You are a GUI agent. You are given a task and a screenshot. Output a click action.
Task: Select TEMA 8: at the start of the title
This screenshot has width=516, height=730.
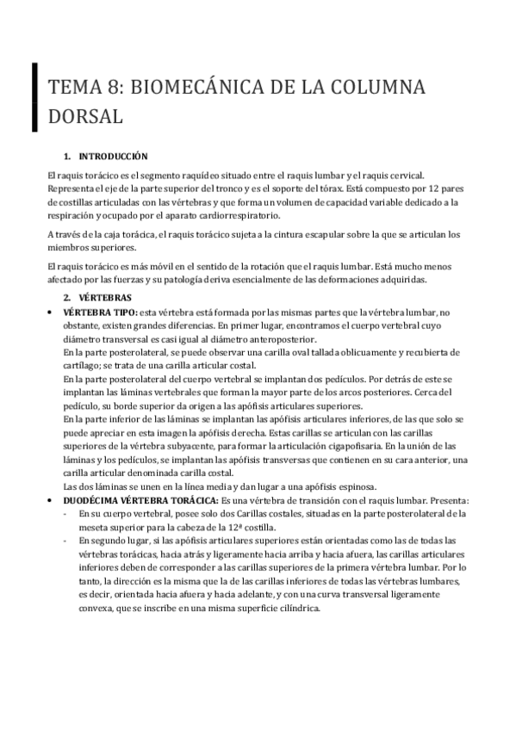(x=81, y=85)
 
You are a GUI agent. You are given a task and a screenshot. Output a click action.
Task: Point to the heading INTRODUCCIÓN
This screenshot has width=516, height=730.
(x=113, y=157)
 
